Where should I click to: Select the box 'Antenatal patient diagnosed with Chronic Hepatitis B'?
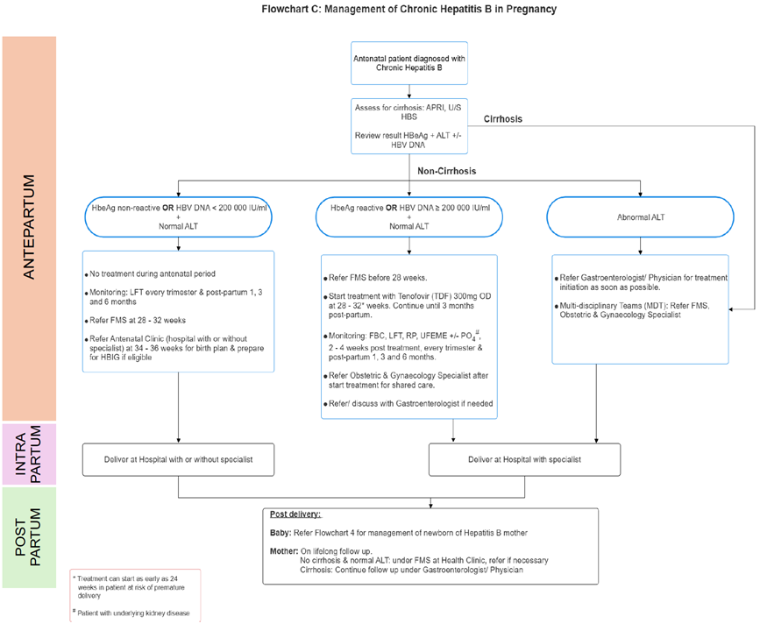coord(408,62)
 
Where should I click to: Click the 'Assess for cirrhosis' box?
coord(408,125)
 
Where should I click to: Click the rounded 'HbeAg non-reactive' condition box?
coord(178,216)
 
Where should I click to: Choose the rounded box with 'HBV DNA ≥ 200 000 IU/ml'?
coord(408,216)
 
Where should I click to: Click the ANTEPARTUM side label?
coord(29,228)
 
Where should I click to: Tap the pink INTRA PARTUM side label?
coord(29,454)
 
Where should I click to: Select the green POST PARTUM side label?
coord(29,537)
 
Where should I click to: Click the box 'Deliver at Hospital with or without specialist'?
coord(178,458)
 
